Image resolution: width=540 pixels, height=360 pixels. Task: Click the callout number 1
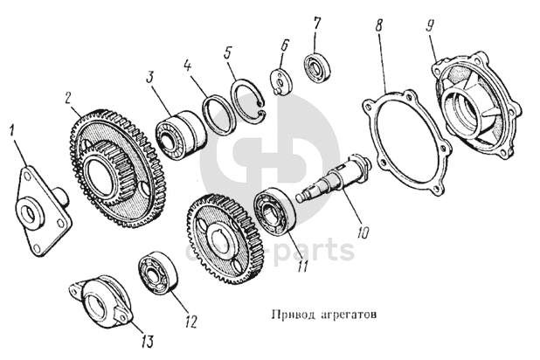pos(13,133)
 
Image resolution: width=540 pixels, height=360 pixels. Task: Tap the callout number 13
pos(146,341)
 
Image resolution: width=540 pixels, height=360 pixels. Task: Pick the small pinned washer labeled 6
pos(282,82)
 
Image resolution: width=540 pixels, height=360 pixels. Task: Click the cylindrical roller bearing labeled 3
pos(181,135)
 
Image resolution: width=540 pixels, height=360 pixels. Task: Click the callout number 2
pos(68,99)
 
